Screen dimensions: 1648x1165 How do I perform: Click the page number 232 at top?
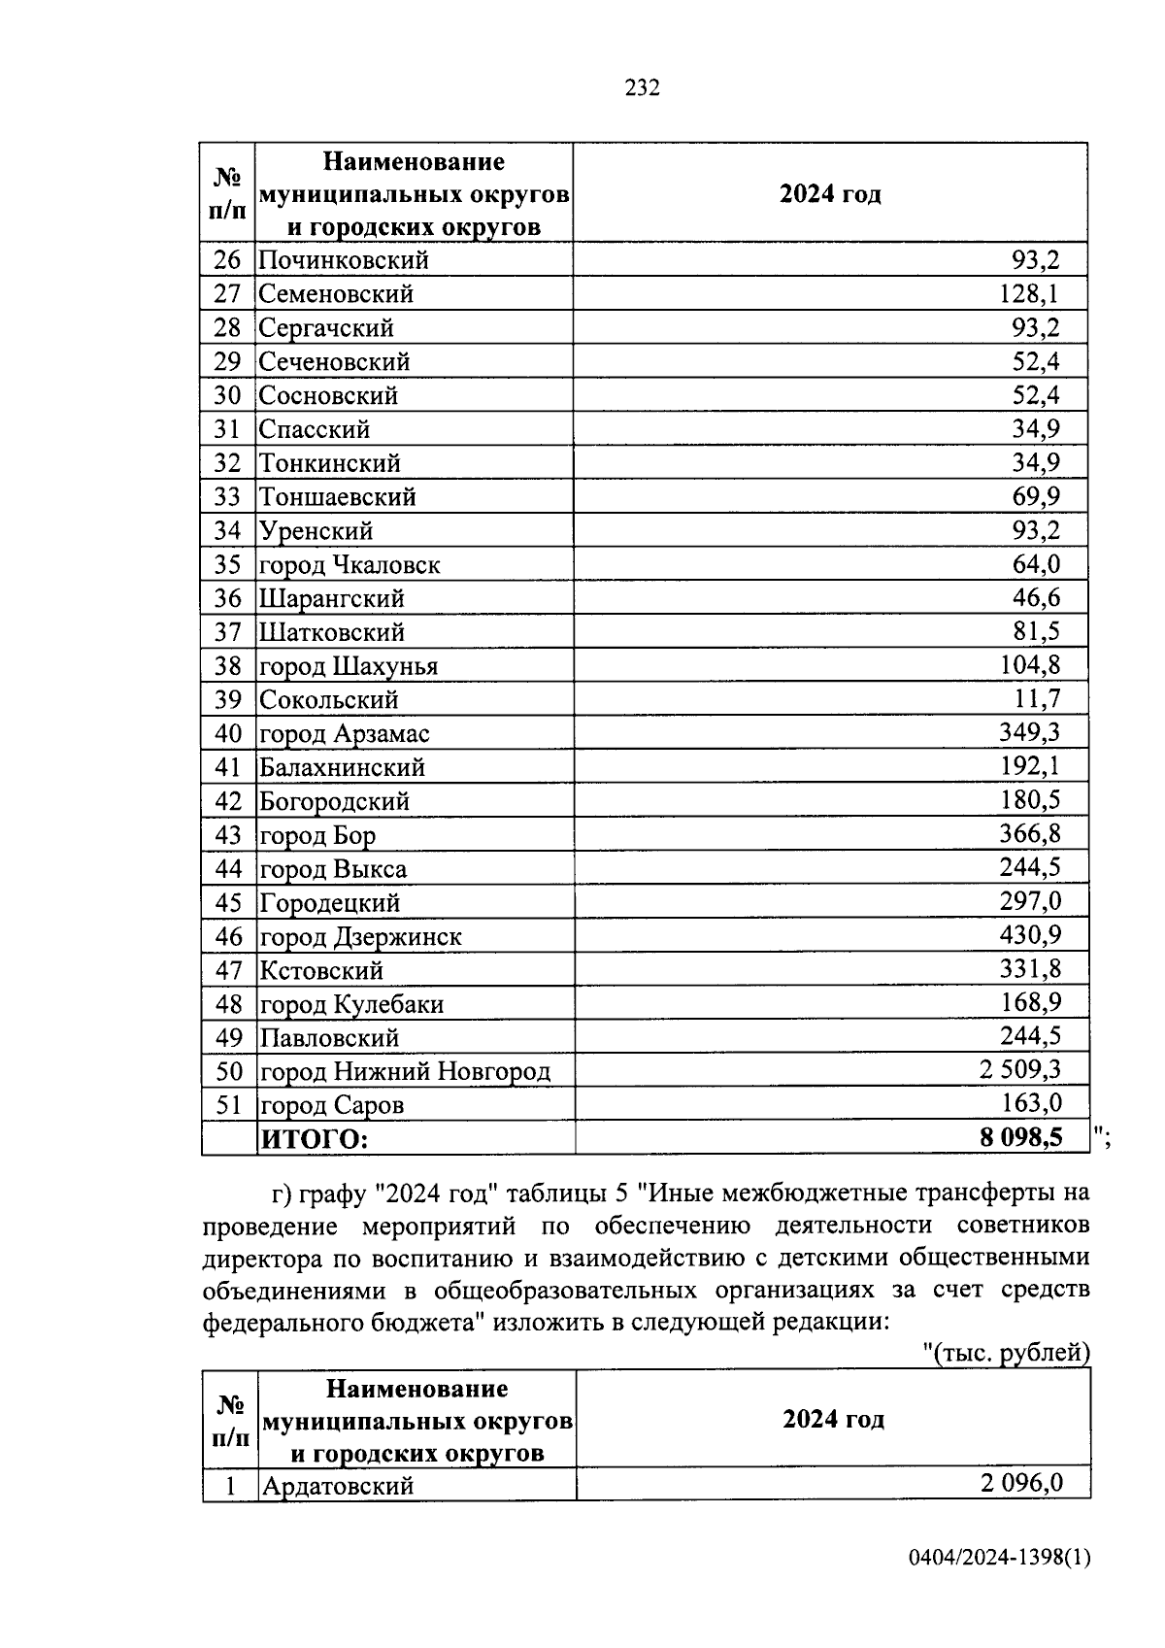(642, 88)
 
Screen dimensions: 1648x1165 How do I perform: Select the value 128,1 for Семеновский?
(1030, 293)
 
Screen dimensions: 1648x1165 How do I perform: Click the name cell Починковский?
(344, 260)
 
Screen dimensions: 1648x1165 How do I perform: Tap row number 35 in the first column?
(227, 564)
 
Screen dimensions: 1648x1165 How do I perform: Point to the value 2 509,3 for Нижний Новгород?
(1019, 1070)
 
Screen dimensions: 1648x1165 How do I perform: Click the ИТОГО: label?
(315, 1138)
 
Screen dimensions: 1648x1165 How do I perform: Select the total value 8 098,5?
(1021, 1137)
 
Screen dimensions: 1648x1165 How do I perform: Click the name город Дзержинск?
(360, 937)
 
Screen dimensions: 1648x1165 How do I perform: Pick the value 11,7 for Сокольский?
(1037, 698)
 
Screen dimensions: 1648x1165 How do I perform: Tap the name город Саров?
(331, 1105)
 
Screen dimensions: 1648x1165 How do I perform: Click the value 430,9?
(1030, 935)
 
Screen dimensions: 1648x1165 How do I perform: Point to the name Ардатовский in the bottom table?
(337, 1486)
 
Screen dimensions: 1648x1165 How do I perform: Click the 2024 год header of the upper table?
(830, 194)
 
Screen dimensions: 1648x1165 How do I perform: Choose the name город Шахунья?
(349, 666)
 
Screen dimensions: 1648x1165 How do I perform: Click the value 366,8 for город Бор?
(1030, 833)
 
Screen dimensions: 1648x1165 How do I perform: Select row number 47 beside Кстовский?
(227, 970)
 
